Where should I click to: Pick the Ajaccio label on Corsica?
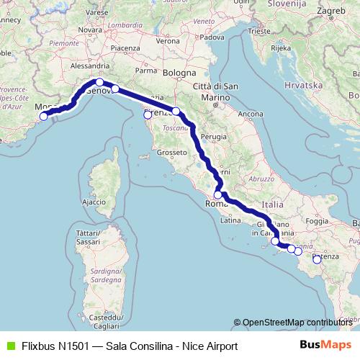94,202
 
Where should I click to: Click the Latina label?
230,220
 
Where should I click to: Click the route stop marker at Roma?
218,194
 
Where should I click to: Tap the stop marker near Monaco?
43,116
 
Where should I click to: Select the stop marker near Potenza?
317,259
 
